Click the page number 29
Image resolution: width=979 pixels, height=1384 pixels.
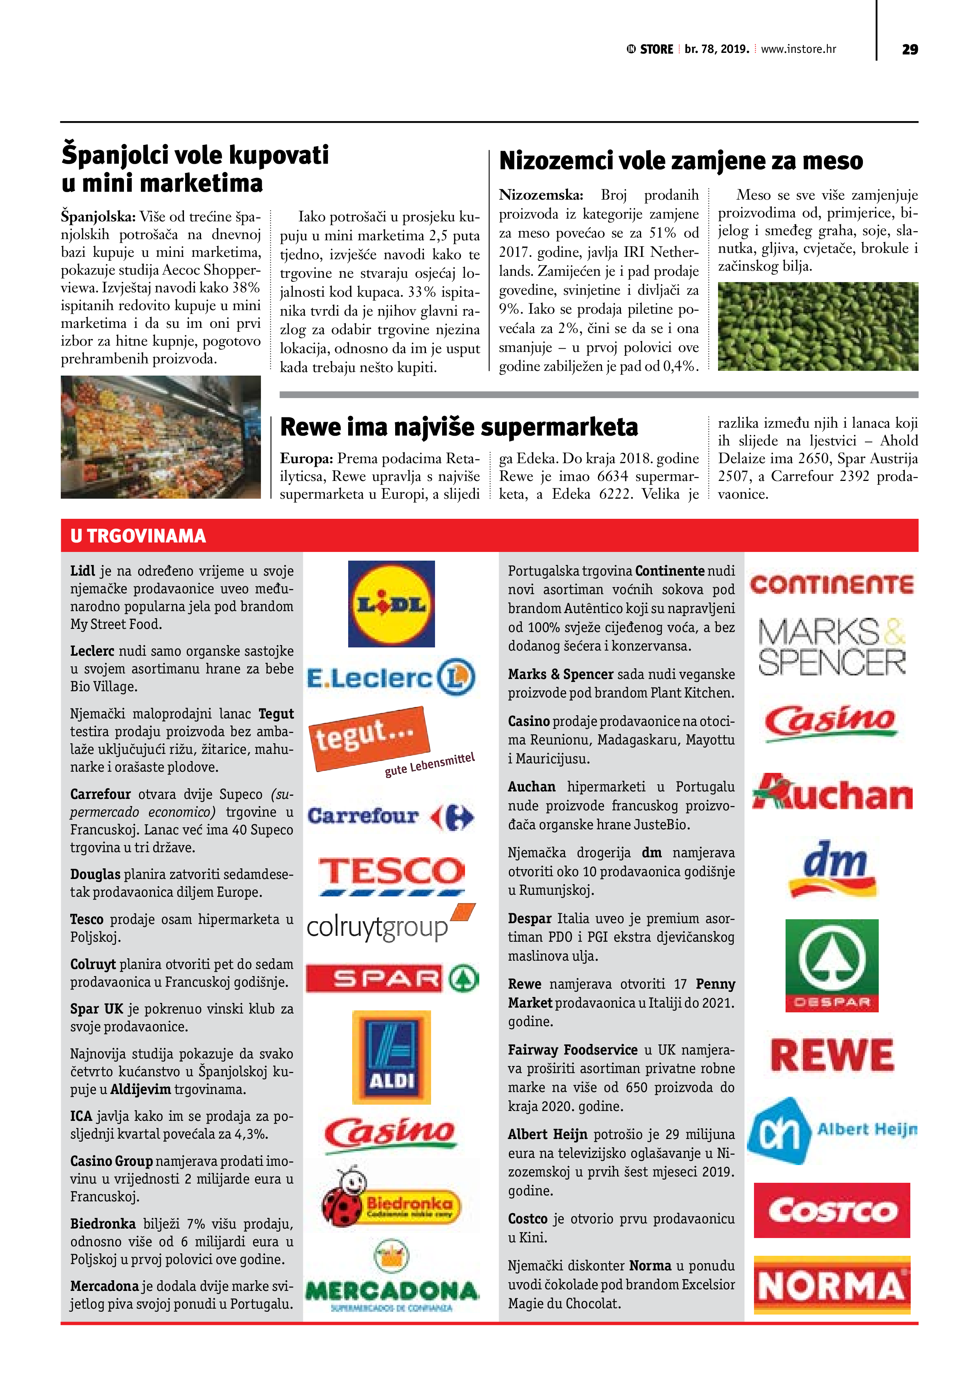pyautogui.click(x=910, y=49)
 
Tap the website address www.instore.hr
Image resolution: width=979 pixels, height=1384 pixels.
pyautogui.click(x=798, y=49)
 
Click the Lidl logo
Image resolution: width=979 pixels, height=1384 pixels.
pyautogui.click(x=392, y=604)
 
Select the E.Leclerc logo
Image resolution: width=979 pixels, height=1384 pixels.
pyautogui.click(x=391, y=677)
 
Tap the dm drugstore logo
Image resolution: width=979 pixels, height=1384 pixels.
pyautogui.click(x=833, y=869)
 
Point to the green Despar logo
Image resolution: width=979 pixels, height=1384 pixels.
pyautogui.click(x=832, y=965)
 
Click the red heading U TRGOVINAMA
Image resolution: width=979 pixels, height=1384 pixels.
pyautogui.click(x=138, y=536)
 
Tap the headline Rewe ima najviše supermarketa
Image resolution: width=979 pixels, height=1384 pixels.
pyautogui.click(x=459, y=427)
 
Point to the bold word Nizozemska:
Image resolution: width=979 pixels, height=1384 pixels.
pyautogui.click(x=540, y=195)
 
